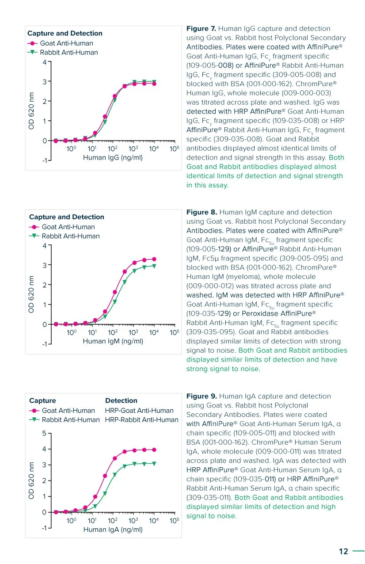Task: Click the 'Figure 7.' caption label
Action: click(x=202, y=29)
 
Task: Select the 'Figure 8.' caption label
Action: click(x=202, y=212)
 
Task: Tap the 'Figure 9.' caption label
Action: click(x=202, y=396)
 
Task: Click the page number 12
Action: click(x=343, y=551)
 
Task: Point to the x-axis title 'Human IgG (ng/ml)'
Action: click(x=113, y=157)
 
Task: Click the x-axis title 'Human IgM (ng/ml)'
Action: click(x=113, y=341)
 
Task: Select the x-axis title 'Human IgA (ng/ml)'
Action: click(x=113, y=529)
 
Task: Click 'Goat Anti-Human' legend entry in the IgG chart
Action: click(x=66, y=43)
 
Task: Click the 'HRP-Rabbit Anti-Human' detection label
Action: click(x=141, y=420)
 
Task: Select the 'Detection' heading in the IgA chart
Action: click(x=121, y=400)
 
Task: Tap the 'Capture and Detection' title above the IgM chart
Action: click(x=67, y=217)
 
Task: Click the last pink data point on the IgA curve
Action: click(x=154, y=450)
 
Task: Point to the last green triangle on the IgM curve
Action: click(x=154, y=266)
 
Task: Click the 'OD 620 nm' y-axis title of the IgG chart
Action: click(x=31, y=111)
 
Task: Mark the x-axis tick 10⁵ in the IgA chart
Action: click(x=175, y=521)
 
